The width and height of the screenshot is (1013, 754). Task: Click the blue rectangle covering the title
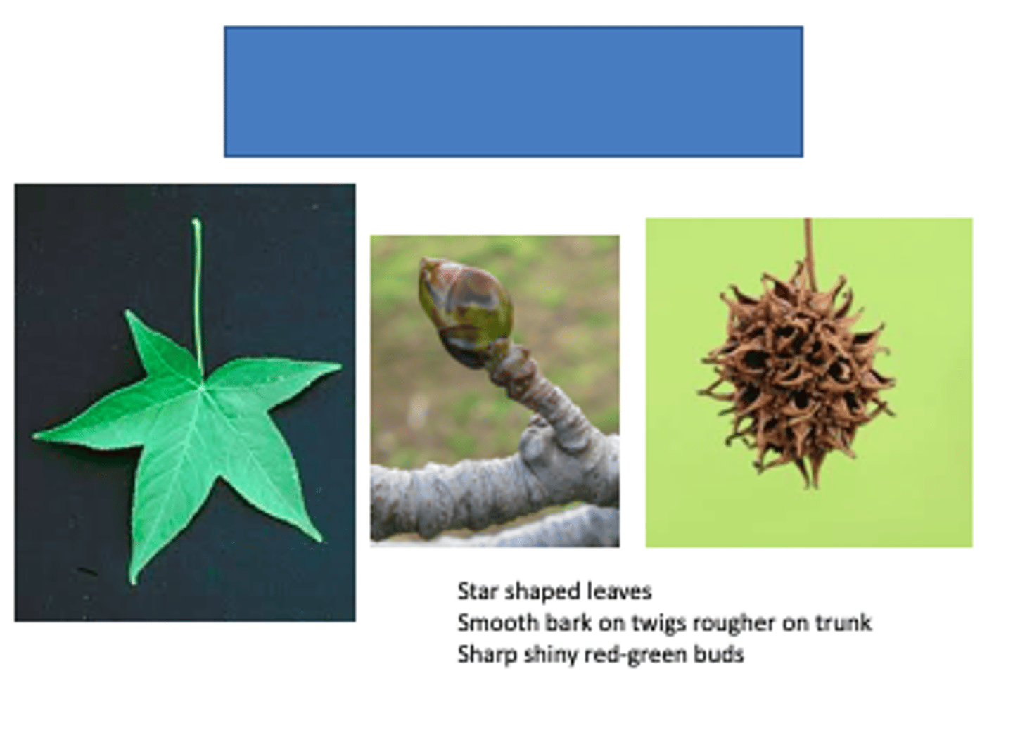513,91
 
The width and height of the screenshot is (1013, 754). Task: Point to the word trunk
843,622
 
